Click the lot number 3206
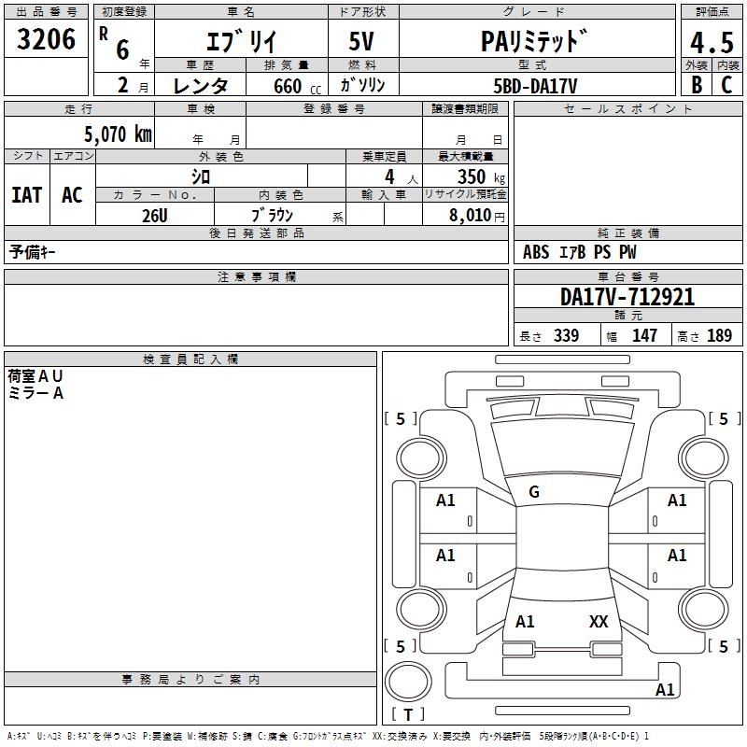[46, 39]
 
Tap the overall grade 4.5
[712, 43]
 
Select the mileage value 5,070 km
[119, 134]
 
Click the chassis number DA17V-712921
[627, 297]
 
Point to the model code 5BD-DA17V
[535, 86]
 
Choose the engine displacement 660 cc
[297, 86]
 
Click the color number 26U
[155, 216]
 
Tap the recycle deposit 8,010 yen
[476, 216]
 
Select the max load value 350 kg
[481, 176]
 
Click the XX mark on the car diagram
[599, 622]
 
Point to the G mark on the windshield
[534, 492]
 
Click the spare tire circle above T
[408, 682]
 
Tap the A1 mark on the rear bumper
[665, 689]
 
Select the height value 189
[719, 335]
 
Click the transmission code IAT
[27, 195]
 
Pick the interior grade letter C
[726, 85]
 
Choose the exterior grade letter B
[697, 85]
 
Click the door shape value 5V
[361, 41]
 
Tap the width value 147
[644, 335]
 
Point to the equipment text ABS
[536, 252]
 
